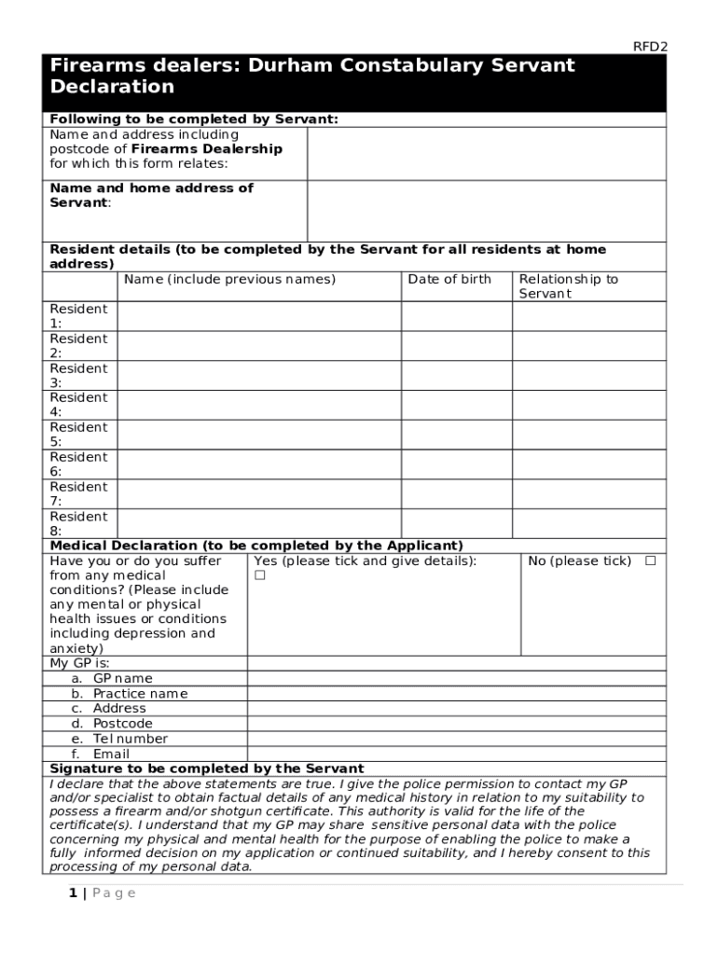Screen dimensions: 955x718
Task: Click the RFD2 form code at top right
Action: [x=651, y=46]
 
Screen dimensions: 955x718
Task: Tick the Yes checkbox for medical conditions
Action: [x=260, y=575]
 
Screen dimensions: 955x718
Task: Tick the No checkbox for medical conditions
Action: [x=650, y=561]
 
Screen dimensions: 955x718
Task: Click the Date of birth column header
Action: [x=449, y=279]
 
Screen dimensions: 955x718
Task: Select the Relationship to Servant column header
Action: [x=568, y=286]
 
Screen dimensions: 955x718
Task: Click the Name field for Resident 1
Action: [x=259, y=316]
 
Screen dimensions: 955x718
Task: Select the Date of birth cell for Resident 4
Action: [x=456, y=405]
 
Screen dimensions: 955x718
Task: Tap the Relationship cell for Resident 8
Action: [x=588, y=523]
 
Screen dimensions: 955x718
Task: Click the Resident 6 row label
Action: [x=78, y=464]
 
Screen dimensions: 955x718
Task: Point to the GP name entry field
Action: [x=456, y=679]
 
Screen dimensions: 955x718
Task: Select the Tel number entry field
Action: [x=456, y=739]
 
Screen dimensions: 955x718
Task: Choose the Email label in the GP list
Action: [x=111, y=754]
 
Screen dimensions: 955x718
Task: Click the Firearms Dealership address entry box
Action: [x=486, y=153]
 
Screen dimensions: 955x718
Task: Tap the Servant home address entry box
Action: [x=486, y=211]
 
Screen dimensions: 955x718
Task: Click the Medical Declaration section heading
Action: [x=256, y=546]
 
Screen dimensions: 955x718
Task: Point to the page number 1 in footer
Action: [x=72, y=893]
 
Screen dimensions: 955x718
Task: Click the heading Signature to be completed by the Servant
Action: [x=206, y=768]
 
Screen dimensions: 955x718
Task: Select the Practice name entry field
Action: [x=456, y=694]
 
